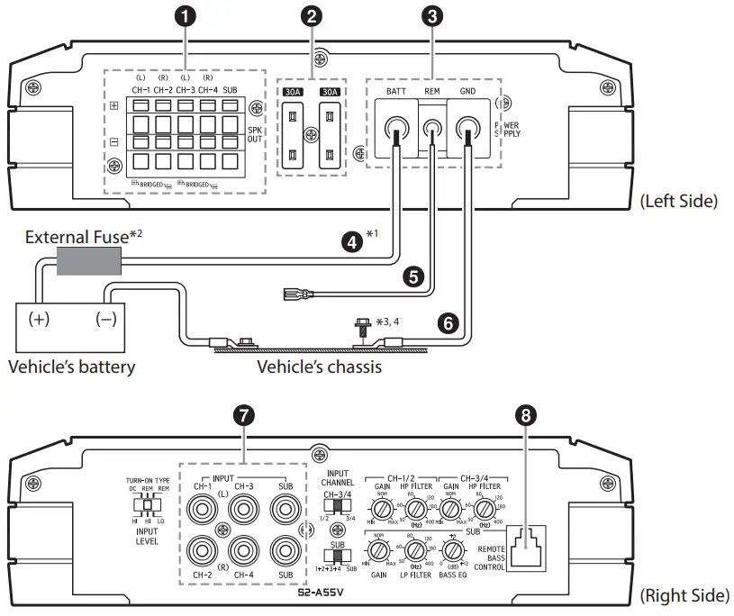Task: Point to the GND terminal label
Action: [468, 92]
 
